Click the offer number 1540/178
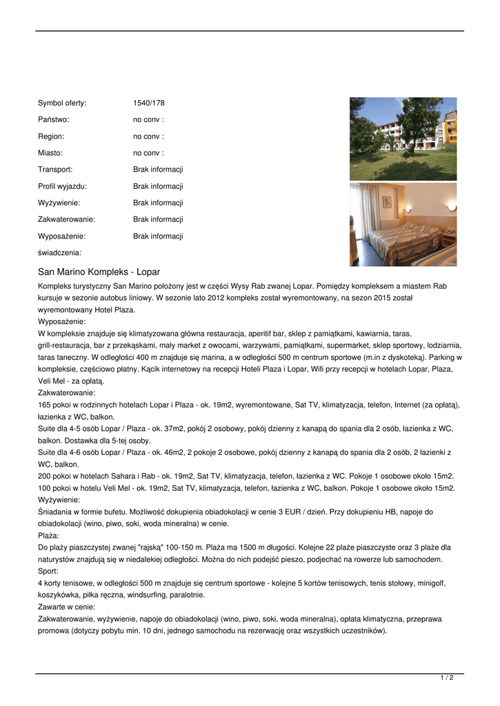coord(148,103)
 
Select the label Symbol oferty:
coord(62,103)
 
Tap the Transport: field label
coord(55,170)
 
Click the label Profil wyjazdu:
coord(62,186)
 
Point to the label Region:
coord(51,137)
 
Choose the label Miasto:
coord(50,153)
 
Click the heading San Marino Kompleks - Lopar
coord(99,272)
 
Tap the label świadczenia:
coord(60,253)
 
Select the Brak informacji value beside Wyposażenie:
coord(158,236)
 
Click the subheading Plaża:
coord(48,535)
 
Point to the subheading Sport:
coord(48,571)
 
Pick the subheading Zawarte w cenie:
coord(66,607)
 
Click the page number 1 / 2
coord(447,678)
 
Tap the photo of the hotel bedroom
coord(403,225)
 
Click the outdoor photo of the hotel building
coord(403,139)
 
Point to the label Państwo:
coord(53,120)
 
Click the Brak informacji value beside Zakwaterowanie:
coord(158,220)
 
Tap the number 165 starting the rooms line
coord(45,405)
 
